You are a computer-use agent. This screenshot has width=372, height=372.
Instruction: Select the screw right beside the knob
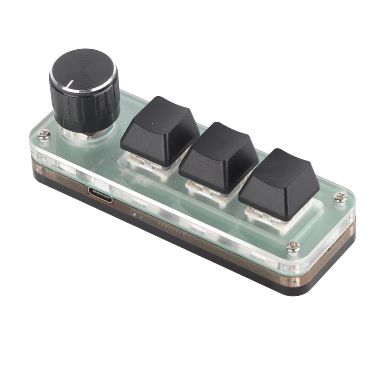[44, 135]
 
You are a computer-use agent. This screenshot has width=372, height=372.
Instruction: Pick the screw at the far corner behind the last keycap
[340, 197]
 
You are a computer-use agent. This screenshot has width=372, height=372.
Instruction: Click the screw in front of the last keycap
[293, 247]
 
